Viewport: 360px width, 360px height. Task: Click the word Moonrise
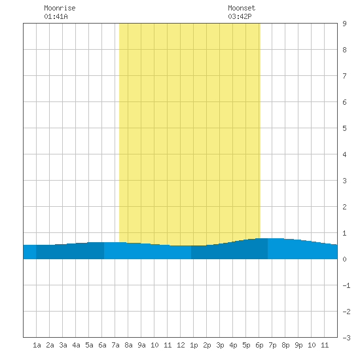[60, 8]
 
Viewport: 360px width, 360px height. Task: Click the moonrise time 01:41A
[56, 16]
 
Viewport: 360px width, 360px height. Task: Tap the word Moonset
[242, 8]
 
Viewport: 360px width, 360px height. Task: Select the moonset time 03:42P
[240, 16]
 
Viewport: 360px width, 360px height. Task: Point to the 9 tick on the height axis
[344, 24]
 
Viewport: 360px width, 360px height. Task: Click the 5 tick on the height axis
[344, 128]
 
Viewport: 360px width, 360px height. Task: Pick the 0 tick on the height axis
[344, 259]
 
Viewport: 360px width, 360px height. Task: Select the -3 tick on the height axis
[347, 338]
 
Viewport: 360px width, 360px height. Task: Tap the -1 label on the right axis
[347, 285]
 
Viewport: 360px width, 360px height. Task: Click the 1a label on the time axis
[37, 345]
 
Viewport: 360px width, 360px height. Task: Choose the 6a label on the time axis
[102, 345]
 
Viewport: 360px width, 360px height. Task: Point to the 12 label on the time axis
[181, 345]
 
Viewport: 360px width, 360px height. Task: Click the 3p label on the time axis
[220, 345]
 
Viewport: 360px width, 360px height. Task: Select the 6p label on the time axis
[259, 345]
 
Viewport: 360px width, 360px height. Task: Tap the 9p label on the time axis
[298, 345]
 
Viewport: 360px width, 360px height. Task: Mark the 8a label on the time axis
[128, 345]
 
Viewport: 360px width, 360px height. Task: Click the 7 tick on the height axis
[344, 76]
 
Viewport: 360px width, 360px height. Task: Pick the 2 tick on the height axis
[344, 207]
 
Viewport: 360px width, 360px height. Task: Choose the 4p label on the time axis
[233, 345]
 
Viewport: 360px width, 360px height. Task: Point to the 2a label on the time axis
[50, 345]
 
